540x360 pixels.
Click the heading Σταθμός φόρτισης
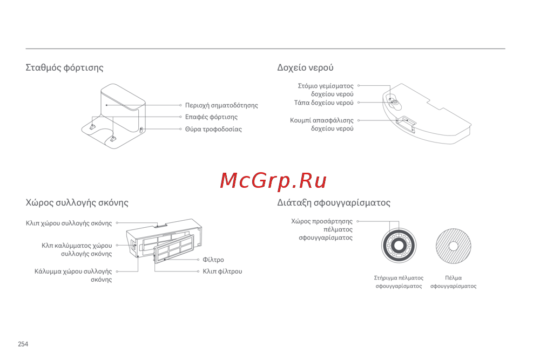(x=64, y=68)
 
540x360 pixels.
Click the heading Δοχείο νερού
(x=305, y=68)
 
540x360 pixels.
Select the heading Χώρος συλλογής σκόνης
(x=77, y=203)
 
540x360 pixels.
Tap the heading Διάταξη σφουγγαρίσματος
(x=334, y=203)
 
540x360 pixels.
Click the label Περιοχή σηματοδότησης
(x=221, y=105)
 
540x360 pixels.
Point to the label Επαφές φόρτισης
(x=211, y=117)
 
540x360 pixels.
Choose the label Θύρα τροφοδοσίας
(x=213, y=130)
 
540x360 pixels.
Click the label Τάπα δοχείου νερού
(x=323, y=103)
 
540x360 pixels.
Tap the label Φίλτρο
(x=213, y=260)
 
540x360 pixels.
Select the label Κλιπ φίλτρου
(x=222, y=271)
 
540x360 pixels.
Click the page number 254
(x=23, y=344)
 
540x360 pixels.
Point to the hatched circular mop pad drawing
(x=454, y=246)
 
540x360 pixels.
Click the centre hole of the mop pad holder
(x=399, y=246)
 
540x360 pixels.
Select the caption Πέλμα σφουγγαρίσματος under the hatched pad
(x=453, y=282)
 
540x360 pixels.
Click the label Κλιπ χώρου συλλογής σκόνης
(x=69, y=223)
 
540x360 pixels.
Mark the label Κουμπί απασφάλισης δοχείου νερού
(x=322, y=125)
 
